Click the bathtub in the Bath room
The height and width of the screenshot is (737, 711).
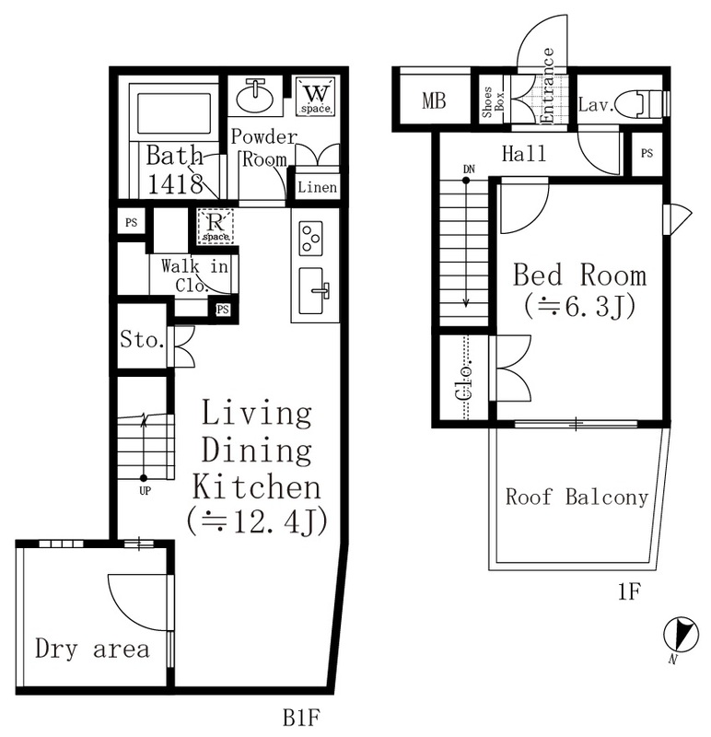(x=173, y=112)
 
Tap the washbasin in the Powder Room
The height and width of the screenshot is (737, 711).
(x=255, y=97)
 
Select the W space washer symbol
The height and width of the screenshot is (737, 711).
(x=315, y=97)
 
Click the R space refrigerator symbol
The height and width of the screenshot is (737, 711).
(x=216, y=227)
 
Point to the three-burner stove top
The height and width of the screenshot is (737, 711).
(x=310, y=239)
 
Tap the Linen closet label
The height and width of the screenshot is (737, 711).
(x=317, y=188)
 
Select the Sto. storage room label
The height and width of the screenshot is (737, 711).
(x=142, y=339)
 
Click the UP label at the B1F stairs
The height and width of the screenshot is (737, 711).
(x=145, y=491)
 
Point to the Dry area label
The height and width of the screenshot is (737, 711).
(x=92, y=649)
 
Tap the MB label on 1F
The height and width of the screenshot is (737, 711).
(x=434, y=100)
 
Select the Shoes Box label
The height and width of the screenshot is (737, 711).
(x=493, y=101)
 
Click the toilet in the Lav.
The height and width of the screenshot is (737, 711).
(x=640, y=103)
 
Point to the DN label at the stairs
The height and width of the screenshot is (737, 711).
(x=469, y=169)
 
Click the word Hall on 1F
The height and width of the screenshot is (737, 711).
(x=524, y=154)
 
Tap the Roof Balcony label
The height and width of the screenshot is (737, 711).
(x=577, y=497)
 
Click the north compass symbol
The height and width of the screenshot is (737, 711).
(x=681, y=635)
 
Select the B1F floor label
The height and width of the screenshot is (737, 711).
(x=302, y=719)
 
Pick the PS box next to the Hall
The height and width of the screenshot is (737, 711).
(x=647, y=153)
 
